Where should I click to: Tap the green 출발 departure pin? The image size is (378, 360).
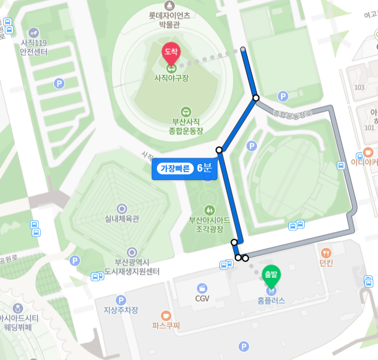coord(272,274)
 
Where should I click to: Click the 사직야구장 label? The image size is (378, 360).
coord(171,79)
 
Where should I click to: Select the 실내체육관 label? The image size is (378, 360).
coord(122,219)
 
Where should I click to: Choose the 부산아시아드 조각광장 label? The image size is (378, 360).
coord(210,224)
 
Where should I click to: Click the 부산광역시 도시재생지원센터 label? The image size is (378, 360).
coord(132,267)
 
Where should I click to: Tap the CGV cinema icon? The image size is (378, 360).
coord(202,288)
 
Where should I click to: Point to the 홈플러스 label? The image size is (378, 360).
coord(272,301)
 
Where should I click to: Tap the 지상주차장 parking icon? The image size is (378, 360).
coord(121,300)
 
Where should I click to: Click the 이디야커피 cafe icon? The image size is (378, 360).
coord(368,153)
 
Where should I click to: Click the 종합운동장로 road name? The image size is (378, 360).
coord(293,113)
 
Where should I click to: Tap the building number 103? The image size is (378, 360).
coord(360,87)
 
